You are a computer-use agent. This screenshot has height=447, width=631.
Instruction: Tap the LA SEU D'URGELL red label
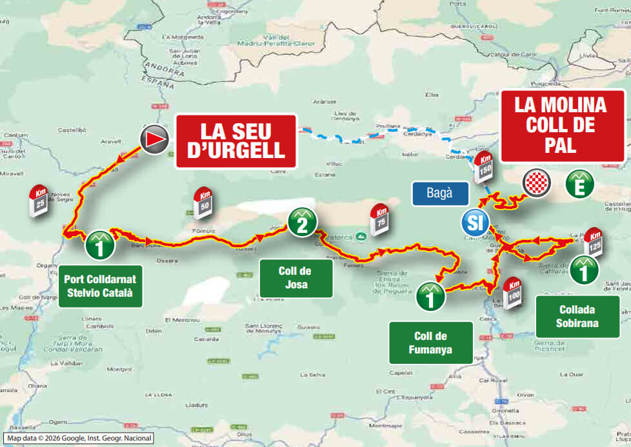(236, 141)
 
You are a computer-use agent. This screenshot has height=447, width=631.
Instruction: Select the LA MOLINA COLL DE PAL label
(565, 125)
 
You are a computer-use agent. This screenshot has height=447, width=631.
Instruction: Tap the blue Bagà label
(439, 192)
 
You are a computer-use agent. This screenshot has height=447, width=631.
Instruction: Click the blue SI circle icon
(474, 224)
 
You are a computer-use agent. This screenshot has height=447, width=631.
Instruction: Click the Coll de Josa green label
(296, 278)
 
